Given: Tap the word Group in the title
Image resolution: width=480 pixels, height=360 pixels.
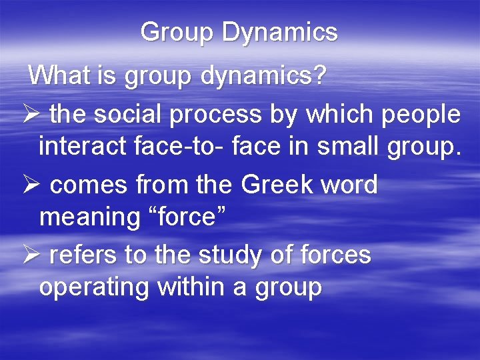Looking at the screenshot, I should tap(177, 32).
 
